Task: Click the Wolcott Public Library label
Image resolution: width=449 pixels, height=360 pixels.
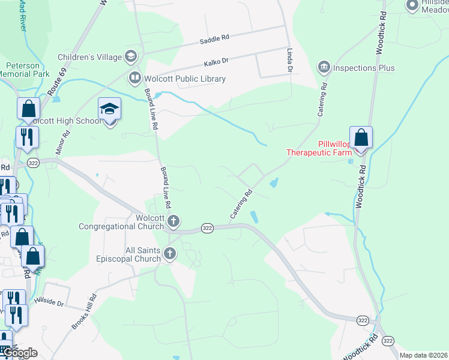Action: tap(185, 79)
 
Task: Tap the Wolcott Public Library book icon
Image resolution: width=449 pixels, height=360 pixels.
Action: tap(135, 78)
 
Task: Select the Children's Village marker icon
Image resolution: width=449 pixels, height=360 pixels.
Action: tap(130, 57)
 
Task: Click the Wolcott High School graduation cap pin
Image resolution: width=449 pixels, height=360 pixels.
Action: tap(109, 109)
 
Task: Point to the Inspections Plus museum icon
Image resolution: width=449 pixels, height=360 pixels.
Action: tap(324, 67)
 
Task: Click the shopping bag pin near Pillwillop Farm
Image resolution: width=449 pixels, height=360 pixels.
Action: tap(361, 137)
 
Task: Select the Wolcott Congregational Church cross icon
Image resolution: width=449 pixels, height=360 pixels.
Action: tap(173, 221)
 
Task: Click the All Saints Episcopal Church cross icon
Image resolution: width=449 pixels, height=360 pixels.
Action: tap(170, 254)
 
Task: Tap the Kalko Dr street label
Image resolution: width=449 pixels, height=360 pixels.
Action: tap(217, 61)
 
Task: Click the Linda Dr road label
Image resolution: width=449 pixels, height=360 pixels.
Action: tap(289, 61)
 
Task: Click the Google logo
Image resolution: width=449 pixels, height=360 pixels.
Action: tap(19, 353)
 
